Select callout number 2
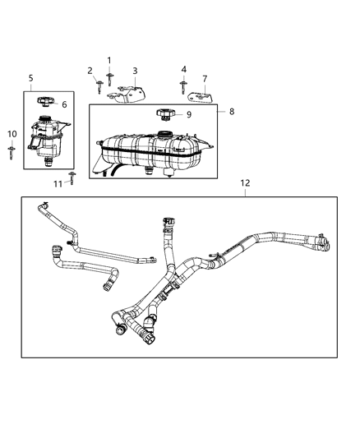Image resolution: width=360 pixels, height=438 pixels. (90, 71)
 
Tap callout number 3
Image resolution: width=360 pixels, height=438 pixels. (135, 71)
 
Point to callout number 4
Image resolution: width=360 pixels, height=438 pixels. (183, 69)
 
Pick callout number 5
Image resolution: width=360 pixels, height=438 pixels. (30, 78)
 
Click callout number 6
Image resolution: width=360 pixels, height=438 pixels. (65, 105)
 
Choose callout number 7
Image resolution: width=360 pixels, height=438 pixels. (204, 79)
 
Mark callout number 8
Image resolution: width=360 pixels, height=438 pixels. (232, 110)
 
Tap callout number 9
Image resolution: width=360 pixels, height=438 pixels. (188, 115)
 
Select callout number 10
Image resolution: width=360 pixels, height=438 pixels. (12, 134)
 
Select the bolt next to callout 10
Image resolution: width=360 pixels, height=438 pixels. (12, 150)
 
